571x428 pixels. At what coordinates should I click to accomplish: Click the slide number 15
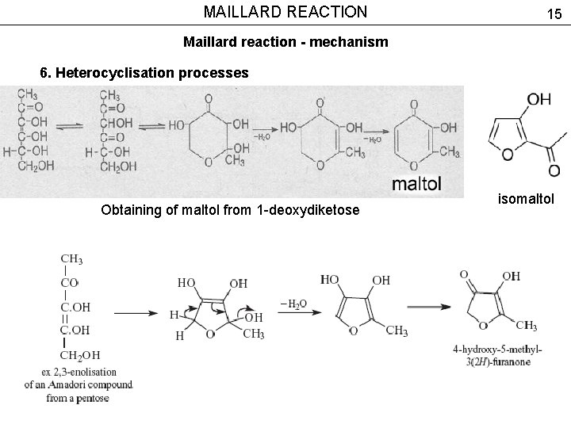[x=553, y=13]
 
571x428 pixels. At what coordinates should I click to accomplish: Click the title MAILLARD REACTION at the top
[x=285, y=12]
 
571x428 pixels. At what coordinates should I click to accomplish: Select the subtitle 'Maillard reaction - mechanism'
[x=285, y=41]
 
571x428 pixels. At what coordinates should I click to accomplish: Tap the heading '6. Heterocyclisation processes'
[x=144, y=73]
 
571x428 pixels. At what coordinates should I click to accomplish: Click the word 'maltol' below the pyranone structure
[x=416, y=185]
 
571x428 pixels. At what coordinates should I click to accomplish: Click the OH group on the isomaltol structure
[x=538, y=99]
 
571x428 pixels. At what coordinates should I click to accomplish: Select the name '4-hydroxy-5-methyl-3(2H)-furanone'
[x=497, y=355]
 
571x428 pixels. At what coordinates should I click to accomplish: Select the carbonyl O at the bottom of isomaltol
[x=554, y=170]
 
